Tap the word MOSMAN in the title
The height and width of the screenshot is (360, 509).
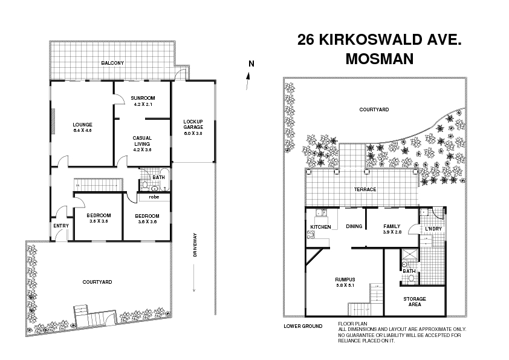(379, 59)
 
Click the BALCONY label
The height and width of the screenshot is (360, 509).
(112, 63)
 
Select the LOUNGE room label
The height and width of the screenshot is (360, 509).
(82, 125)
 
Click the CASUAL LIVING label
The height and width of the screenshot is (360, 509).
(142, 141)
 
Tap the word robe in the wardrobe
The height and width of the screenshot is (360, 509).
(154, 197)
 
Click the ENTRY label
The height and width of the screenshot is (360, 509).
(61, 226)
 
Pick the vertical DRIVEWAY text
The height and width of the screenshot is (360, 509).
(195, 245)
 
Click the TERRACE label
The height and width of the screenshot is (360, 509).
(365, 189)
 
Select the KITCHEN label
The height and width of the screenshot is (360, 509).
(320, 227)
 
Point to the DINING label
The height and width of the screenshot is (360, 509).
(354, 227)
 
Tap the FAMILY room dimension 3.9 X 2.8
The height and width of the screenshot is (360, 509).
(392, 232)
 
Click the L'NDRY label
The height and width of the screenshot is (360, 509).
(433, 228)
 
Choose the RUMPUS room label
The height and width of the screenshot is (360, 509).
(345, 279)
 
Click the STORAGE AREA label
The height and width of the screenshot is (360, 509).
(415, 301)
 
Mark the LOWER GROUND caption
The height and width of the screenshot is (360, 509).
(303, 326)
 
